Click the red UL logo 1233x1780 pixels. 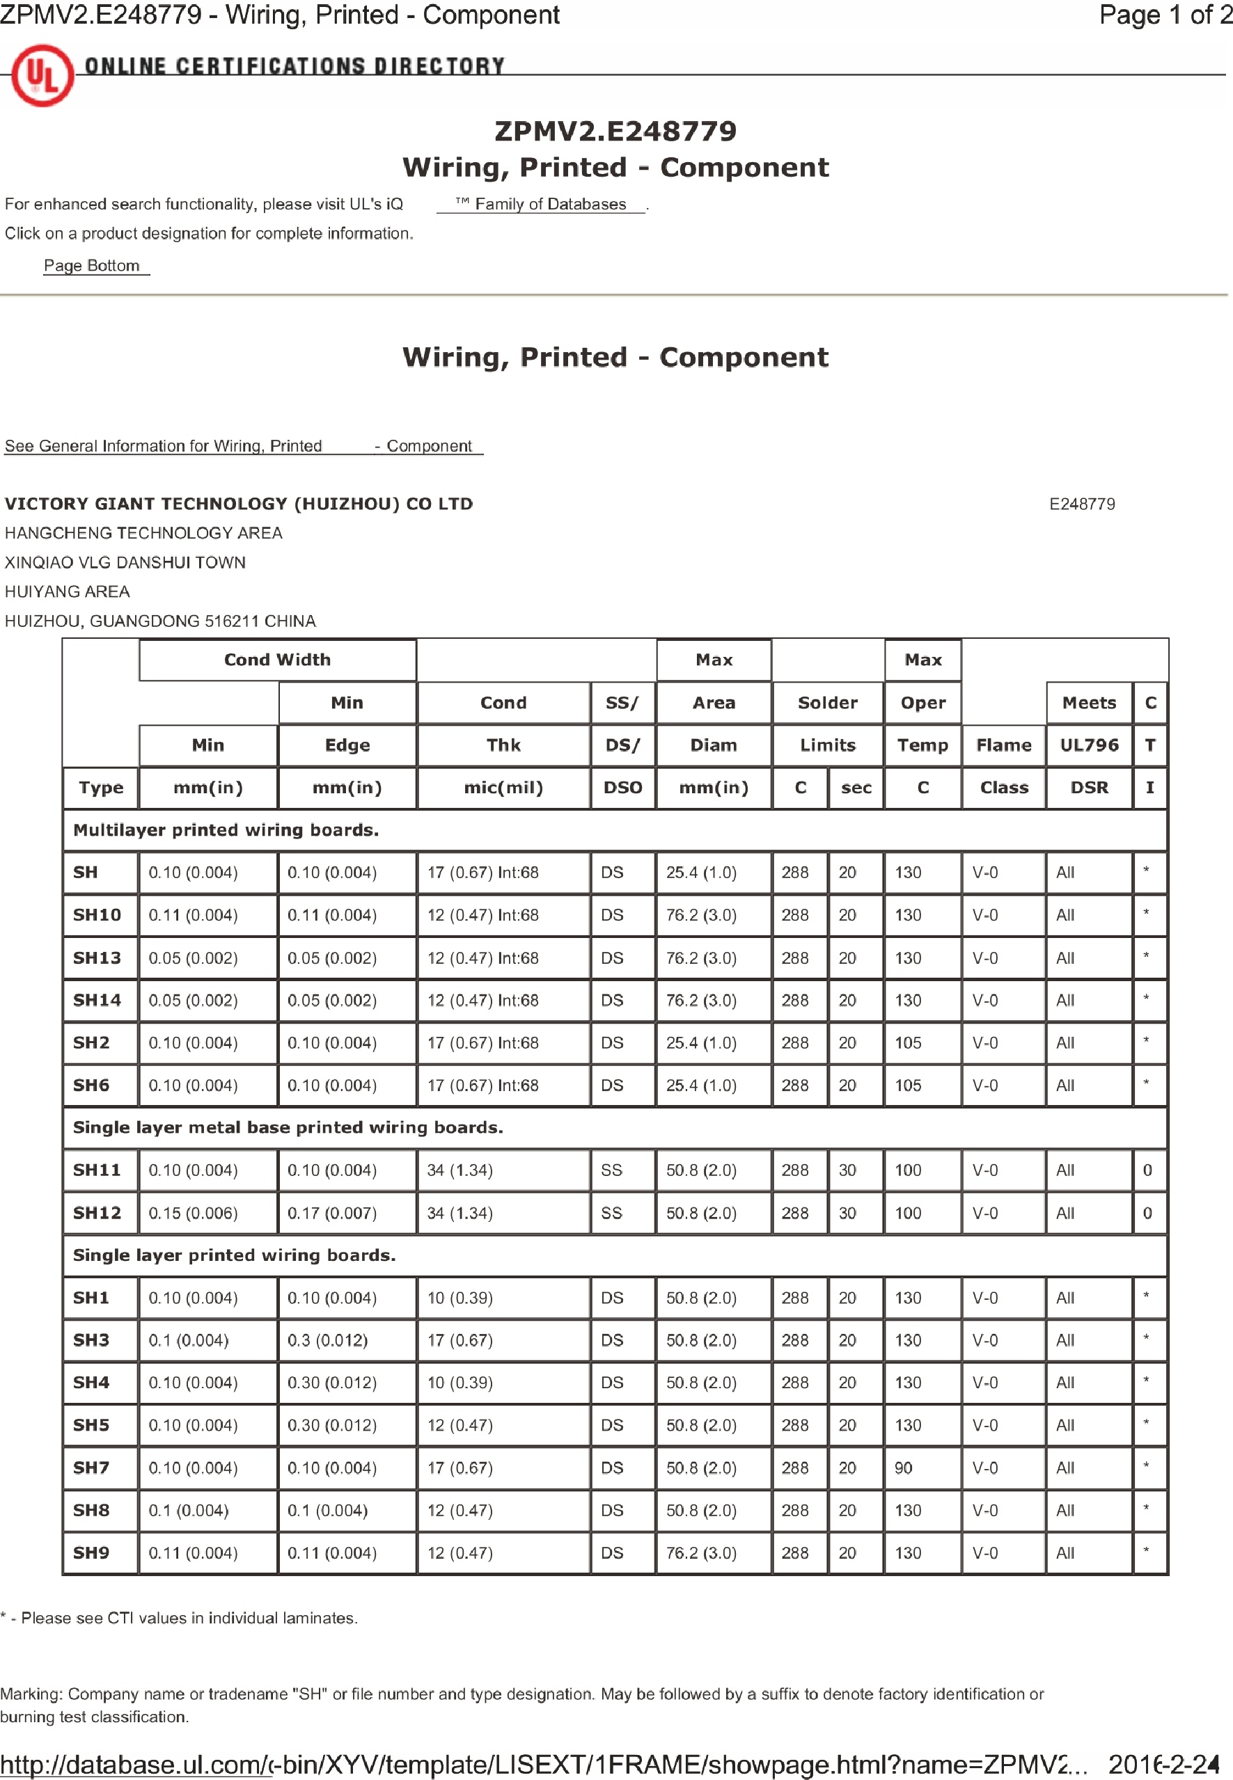coord(42,76)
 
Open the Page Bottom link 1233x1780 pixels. coord(92,266)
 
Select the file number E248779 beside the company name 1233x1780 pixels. coord(1082,504)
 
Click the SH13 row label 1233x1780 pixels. coord(97,957)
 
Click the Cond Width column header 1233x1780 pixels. coord(277,660)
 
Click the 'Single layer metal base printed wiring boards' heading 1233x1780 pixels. coord(288,1127)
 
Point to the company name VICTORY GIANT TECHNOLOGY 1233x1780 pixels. coord(239,504)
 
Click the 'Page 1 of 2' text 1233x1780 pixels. coord(1164,15)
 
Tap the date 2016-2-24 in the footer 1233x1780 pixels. coord(1163,1764)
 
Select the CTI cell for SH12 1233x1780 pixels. coord(1148,1212)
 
